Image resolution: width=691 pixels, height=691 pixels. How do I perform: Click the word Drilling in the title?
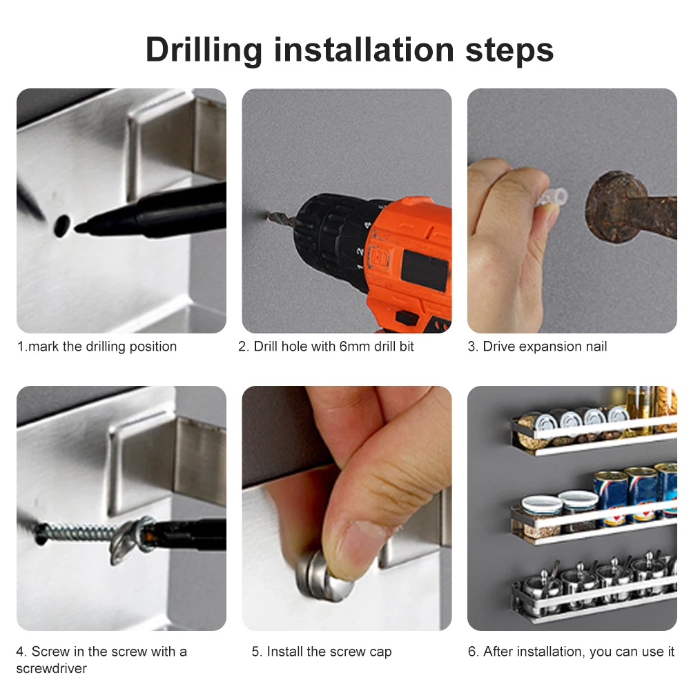click(204, 50)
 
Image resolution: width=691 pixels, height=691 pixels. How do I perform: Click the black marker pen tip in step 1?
click(79, 228)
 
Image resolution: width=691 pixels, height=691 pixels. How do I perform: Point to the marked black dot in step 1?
click(61, 226)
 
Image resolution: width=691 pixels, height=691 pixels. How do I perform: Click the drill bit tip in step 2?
click(269, 216)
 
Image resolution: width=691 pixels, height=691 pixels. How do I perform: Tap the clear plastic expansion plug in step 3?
click(552, 197)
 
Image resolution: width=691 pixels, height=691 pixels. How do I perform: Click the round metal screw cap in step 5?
click(323, 577)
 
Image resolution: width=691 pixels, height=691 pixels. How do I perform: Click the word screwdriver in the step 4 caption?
click(52, 668)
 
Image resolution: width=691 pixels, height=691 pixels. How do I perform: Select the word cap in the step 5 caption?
click(380, 652)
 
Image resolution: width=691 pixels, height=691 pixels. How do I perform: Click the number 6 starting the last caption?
click(472, 652)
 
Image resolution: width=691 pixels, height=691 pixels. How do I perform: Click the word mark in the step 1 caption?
click(43, 347)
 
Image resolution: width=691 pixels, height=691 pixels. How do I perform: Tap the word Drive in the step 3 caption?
click(499, 347)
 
